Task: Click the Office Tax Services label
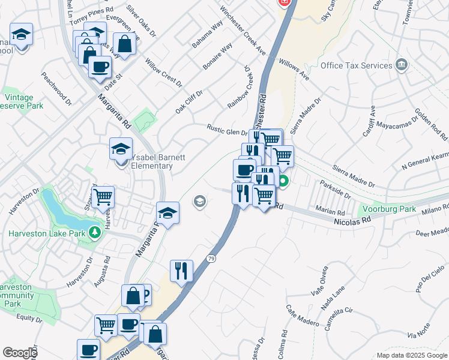click(356, 65)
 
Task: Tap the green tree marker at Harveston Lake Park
click(95, 232)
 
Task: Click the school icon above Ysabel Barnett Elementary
click(121, 148)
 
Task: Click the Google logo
click(20, 353)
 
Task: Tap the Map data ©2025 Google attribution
click(411, 355)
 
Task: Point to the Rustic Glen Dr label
click(227, 130)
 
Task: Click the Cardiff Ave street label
click(369, 122)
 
